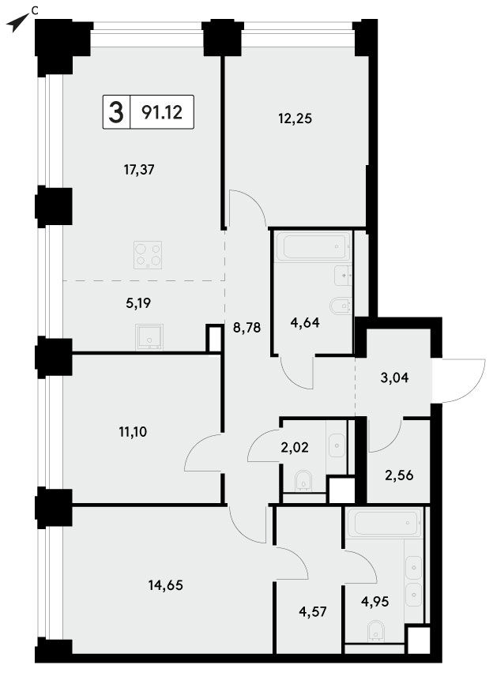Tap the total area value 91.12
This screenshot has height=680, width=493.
coord(162,113)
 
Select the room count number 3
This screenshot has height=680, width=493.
coord(116,112)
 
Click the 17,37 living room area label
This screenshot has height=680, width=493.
coord(139,170)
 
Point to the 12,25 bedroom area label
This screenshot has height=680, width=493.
coord(295,118)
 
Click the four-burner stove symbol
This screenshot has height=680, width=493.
coord(148,255)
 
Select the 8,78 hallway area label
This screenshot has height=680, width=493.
coord(246,328)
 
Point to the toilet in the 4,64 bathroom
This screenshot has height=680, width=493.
coord(341,306)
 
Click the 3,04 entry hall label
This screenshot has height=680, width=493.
coord(394,378)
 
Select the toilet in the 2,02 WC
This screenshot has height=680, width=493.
coord(303,483)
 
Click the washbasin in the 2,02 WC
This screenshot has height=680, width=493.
coord(337,445)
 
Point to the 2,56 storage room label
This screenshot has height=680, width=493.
coord(399,475)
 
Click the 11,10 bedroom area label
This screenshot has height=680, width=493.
coord(133,431)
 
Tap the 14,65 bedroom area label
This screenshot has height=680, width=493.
coord(166,585)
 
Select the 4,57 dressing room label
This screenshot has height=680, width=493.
coord(313,612)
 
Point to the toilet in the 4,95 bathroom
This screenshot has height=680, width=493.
coord(376,631)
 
